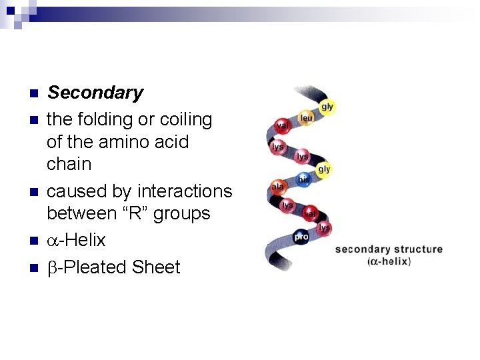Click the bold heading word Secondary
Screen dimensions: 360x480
click(x=95, y=93)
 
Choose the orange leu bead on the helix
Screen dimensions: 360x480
click(x=305, y=118)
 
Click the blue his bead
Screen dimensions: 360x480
click(x=303, y=179)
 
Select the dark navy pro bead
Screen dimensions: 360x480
click(x=301, y=236)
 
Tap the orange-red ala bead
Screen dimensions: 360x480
click(x=277, y=187)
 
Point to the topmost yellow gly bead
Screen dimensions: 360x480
click(x=327, y=107)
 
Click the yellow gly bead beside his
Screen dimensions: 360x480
click(x=323, y=169)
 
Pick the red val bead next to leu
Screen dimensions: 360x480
click(x=283, y=125)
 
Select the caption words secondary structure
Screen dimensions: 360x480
click(x=389, y=249)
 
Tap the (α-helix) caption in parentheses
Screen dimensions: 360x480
click(x=389, y=261)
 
